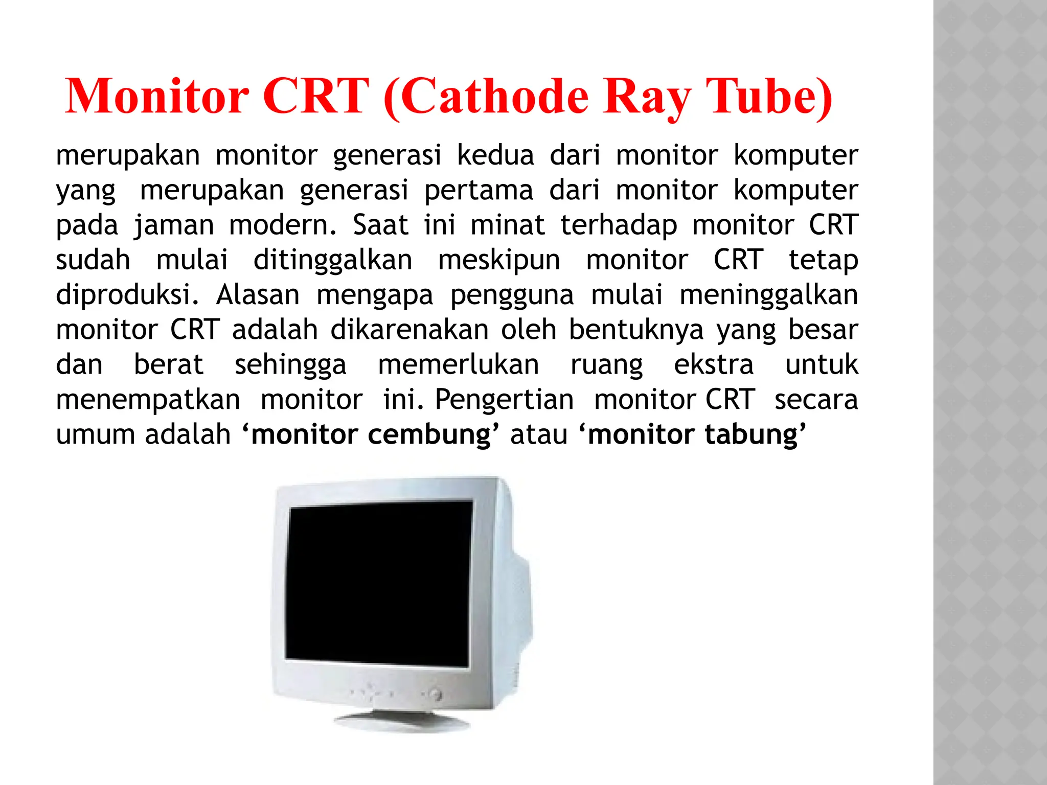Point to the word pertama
[x=479, y=190]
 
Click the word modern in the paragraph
[x=282, y=225]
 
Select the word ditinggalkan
[x=333, y=260]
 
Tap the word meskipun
[x=499, y=260]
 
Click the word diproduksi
[x=127, y=295]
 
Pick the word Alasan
[x=258, y=295]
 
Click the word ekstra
[x=714, y=365]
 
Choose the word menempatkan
[x=148, y=400]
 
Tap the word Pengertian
[x=504, y=400]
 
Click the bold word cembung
[x=429, y=435]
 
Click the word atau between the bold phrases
[x=539, y=435]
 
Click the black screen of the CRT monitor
[x=378, y=583]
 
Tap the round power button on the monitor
[x=436, y=695]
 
